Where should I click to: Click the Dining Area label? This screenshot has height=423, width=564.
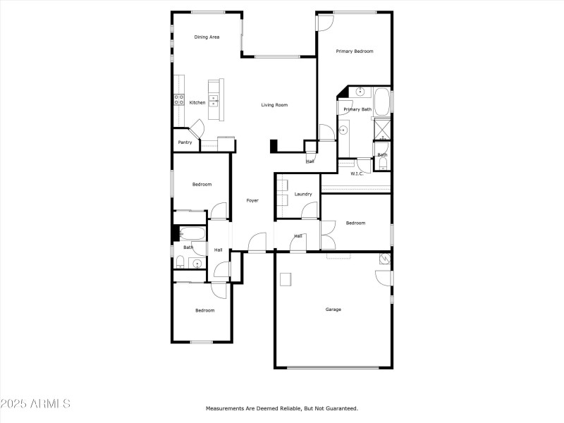(207, 37)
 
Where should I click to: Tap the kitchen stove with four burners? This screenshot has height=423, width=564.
(179, 100)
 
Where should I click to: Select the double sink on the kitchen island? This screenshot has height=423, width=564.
(213, 99)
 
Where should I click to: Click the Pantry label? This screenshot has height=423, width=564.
(185, 142)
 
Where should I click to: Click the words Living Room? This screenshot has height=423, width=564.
(274, 105)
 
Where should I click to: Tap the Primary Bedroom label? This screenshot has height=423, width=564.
(354, 51)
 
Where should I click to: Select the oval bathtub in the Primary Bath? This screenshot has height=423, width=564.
(381, 102)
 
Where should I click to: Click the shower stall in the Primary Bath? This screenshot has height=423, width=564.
(381, 129)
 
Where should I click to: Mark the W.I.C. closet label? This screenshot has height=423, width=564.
(357, 173)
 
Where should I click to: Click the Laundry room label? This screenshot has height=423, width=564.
(303, 194)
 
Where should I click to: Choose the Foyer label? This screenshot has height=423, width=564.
(252, 201)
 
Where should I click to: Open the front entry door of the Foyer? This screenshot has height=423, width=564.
(257, 242)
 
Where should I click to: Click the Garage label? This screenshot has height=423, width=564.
(333, 309)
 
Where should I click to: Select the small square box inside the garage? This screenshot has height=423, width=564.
(286, 279)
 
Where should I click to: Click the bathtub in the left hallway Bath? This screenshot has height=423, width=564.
(191, 233)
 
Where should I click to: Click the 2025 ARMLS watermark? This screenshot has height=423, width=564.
(35, 404)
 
